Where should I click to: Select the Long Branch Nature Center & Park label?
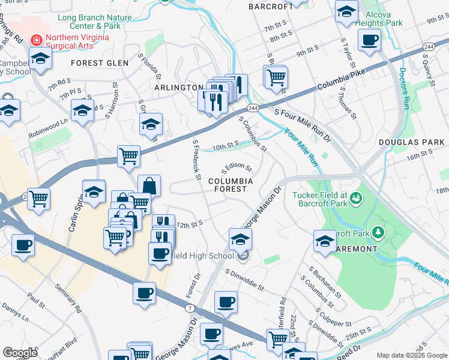[x=94, y=22]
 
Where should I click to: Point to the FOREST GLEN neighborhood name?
[x=96, y=63]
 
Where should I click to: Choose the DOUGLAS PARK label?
[x=411, y=142]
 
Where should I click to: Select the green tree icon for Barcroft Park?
[x=378, y=232]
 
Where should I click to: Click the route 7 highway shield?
[x=189, y=308]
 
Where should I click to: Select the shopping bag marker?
[x=149, y=185]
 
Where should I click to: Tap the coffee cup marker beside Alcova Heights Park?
[x=369, y=40]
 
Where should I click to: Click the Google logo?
[x=20, y=353]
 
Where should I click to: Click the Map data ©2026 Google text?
[x=412, y=355]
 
